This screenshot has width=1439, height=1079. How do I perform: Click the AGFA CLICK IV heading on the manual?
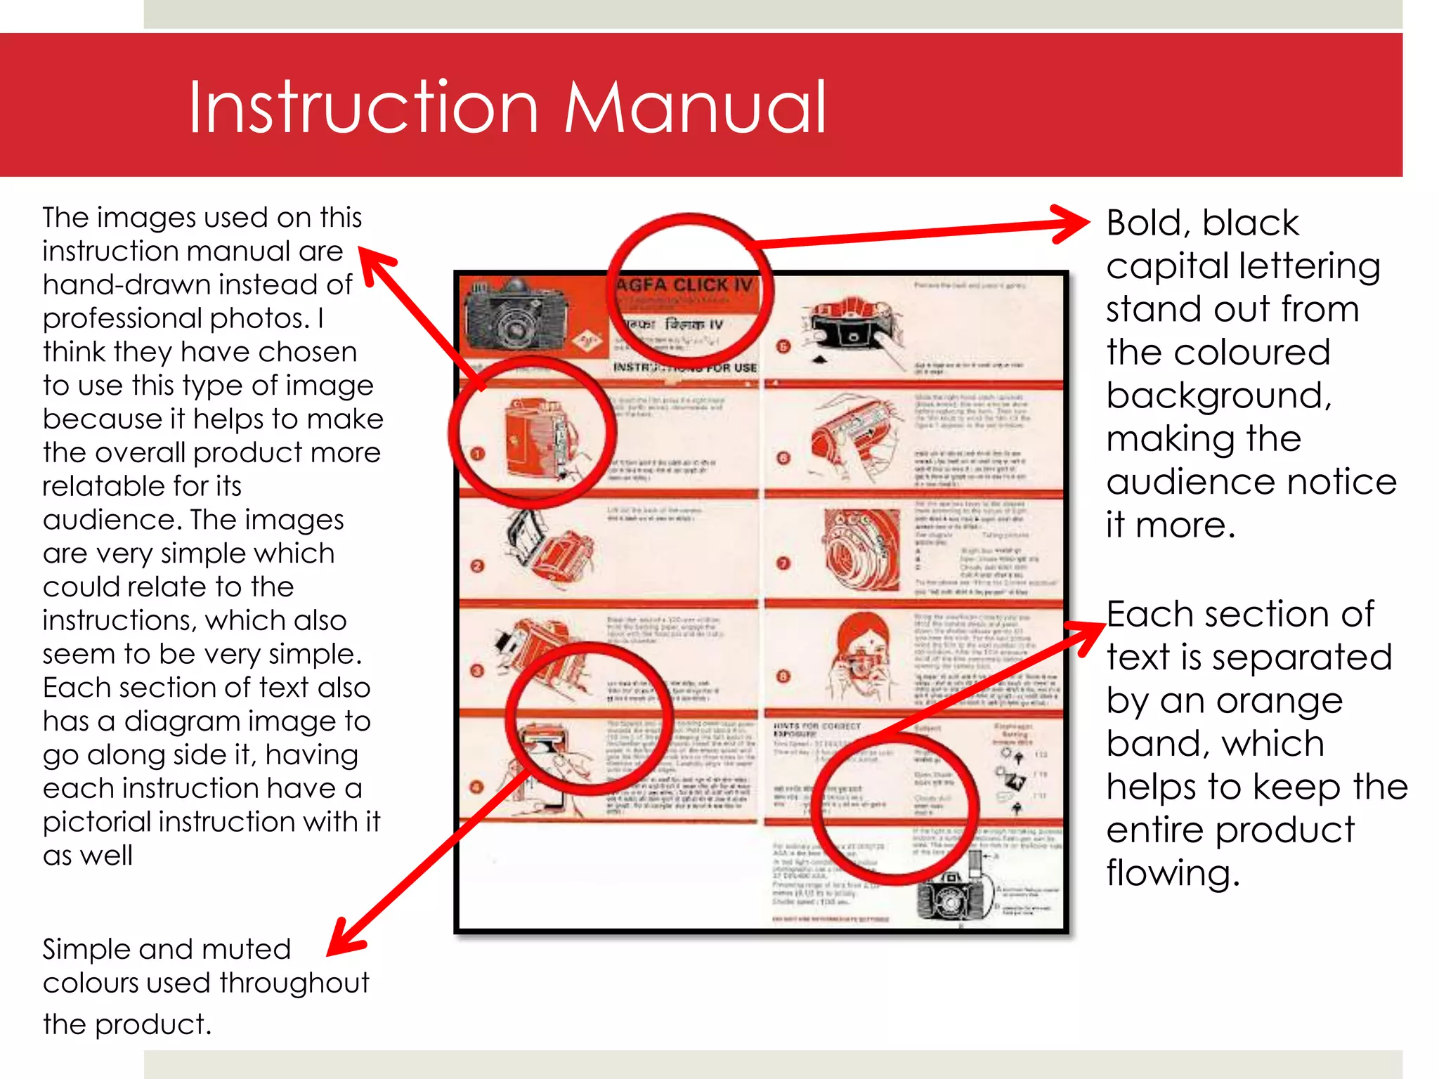683,285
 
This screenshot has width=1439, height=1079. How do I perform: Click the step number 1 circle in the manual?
478,454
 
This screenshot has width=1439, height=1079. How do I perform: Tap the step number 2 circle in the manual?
478,566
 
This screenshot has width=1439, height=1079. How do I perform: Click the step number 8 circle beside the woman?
783,676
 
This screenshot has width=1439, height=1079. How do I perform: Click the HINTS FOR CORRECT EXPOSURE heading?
816,729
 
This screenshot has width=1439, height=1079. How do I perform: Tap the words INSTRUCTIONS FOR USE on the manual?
685,367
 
